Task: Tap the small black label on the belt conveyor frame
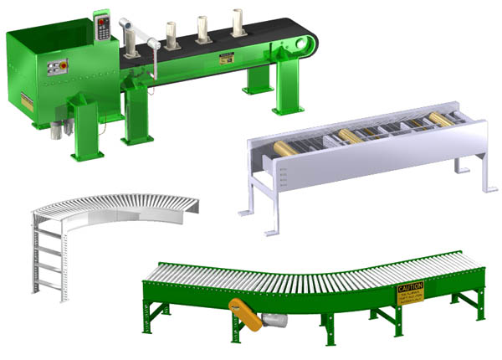(x=226, y=59)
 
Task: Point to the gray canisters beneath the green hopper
(x=59, y=130)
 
